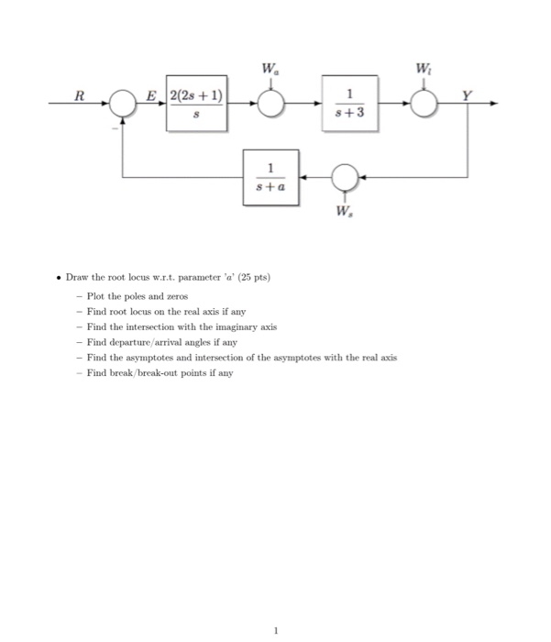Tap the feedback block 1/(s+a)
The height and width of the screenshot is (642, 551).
[x=271, y=175]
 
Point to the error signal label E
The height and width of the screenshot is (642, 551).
[x=153, y=94]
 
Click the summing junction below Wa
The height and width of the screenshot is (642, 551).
[x=270, y=105]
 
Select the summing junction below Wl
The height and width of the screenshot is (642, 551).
[x=424, y=105]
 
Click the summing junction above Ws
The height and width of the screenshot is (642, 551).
[x=345, y=175]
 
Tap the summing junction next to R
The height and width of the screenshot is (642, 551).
[x=124, y=105]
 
